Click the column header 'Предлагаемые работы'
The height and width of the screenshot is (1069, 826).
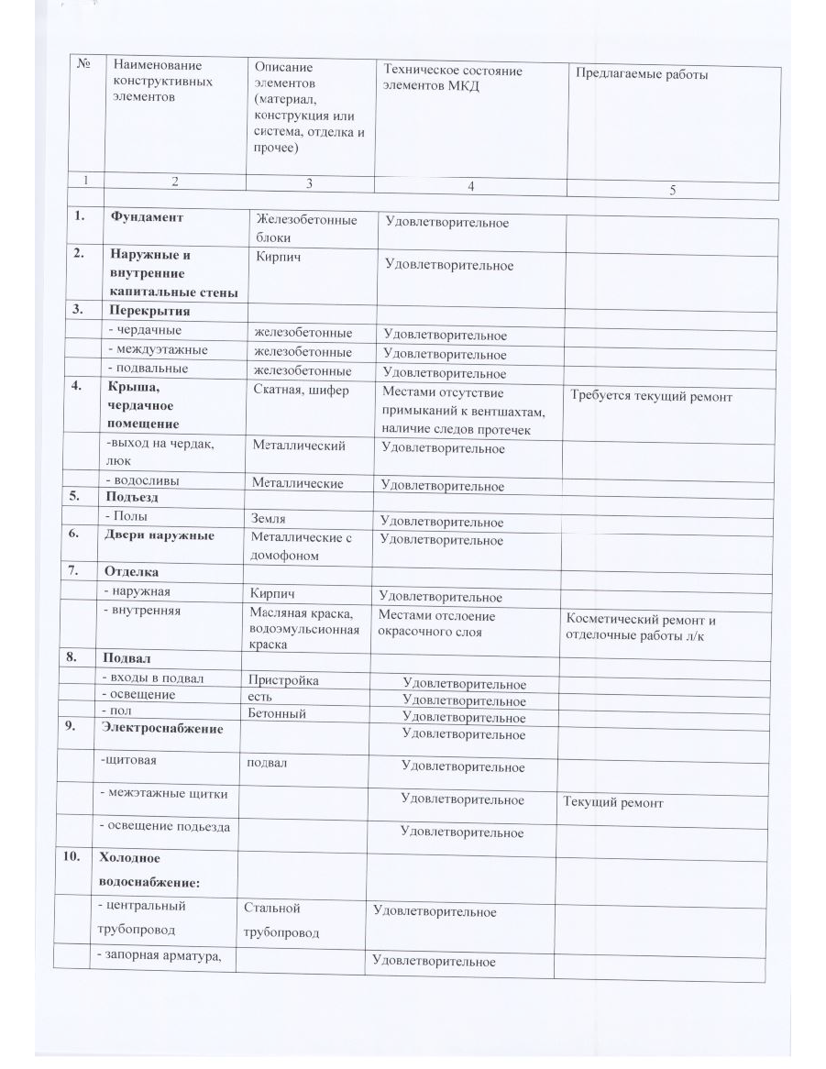[641, 75]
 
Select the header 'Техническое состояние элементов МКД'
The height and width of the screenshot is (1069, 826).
[453, 78]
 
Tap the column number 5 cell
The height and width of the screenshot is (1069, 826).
[672, 190]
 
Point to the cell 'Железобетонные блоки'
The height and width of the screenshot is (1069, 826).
[306, 227]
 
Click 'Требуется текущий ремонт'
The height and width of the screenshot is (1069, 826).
[651, 396]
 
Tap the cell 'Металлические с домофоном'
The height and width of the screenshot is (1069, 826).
[301, 546]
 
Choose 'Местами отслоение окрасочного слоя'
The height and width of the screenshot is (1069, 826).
[436, 625]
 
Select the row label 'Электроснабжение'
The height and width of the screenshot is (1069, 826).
[163, 728]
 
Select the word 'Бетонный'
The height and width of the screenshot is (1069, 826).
[277, 713]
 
